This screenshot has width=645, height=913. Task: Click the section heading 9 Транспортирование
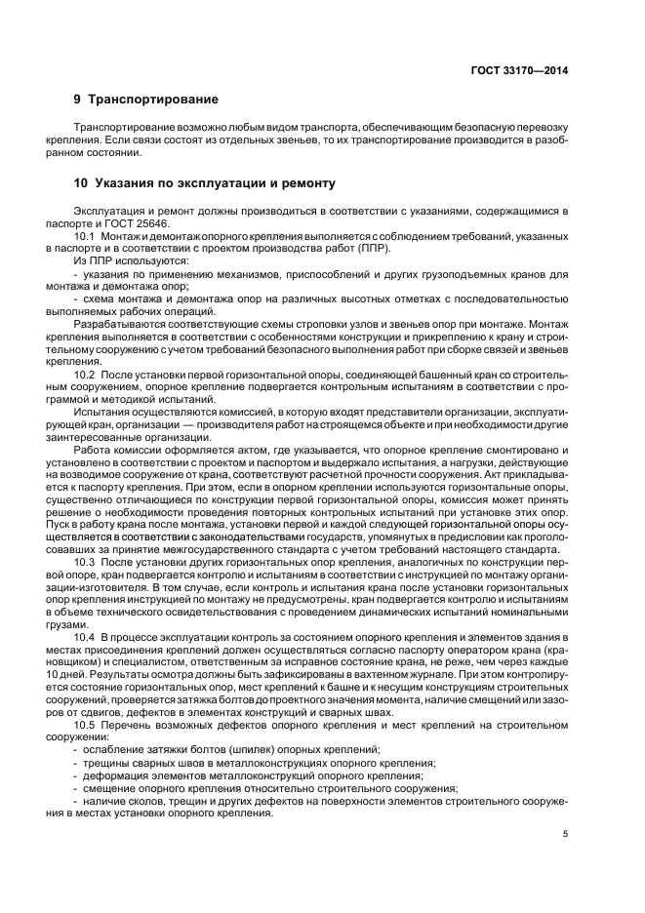145,99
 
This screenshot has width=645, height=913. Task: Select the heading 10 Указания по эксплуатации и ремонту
204,182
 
